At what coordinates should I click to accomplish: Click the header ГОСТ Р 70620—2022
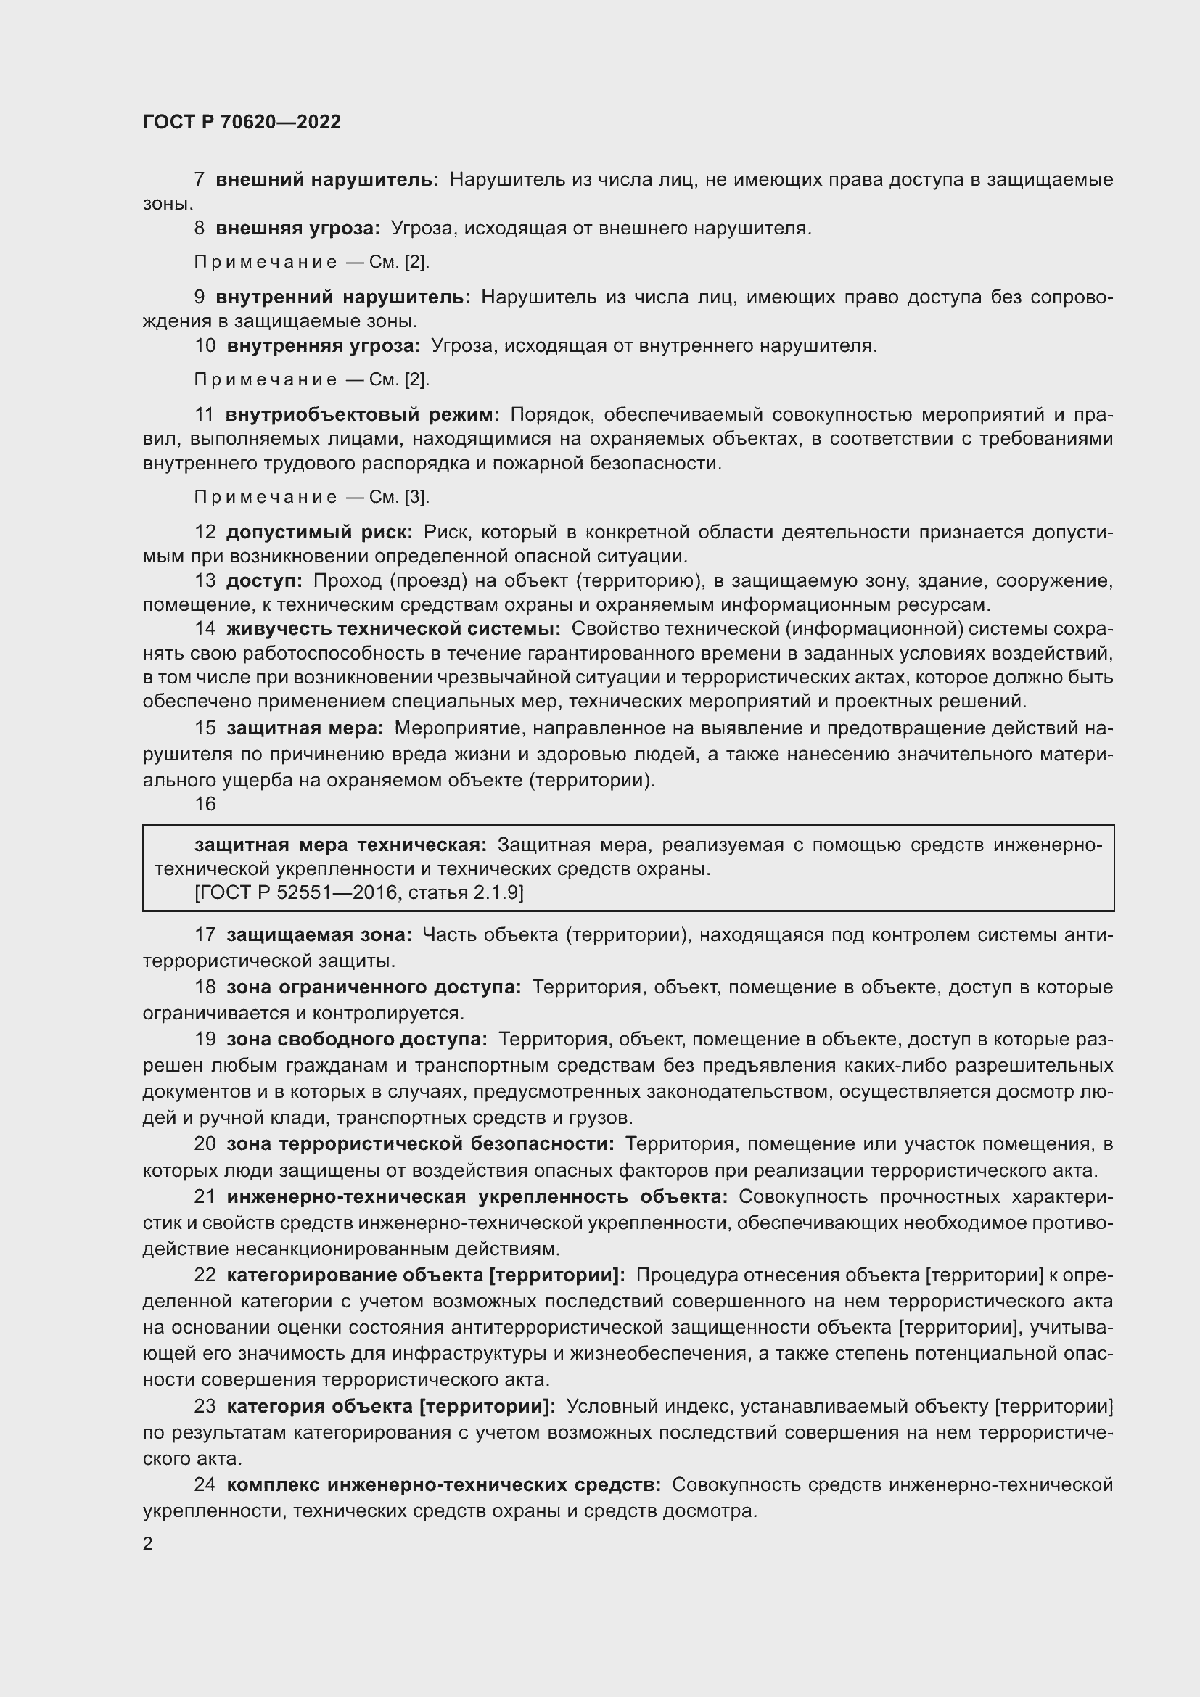[242, 122]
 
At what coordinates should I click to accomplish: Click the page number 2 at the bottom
[148, 1543]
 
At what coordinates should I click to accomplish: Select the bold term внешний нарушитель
[326, 180]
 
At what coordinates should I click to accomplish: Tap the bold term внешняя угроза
[297, 229]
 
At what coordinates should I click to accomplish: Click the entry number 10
[205, 346]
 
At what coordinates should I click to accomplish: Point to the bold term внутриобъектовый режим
[363, 415]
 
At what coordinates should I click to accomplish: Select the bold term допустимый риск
[319, 532]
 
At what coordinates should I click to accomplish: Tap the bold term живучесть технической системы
[393, 629]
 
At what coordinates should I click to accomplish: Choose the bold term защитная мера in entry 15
[305, 728]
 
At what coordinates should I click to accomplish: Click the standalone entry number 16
[205, 804]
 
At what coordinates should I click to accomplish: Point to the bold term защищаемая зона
[319, 935]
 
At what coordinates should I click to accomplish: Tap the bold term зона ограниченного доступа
[373, 987]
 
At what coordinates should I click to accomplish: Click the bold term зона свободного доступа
[356, 1039]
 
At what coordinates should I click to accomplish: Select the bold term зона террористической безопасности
[419, 1144]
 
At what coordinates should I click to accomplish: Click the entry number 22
[205, 1275]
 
